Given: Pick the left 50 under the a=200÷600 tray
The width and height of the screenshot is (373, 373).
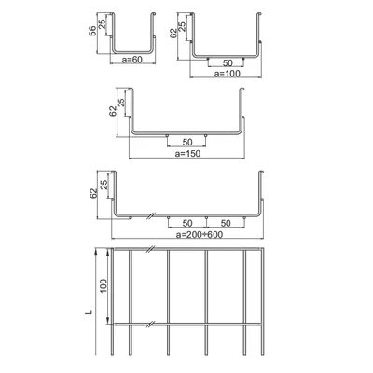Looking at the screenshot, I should click(187, 224).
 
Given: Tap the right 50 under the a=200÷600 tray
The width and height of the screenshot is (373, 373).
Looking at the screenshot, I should click(225, 224).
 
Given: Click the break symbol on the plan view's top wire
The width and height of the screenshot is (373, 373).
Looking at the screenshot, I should click(148, 250).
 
